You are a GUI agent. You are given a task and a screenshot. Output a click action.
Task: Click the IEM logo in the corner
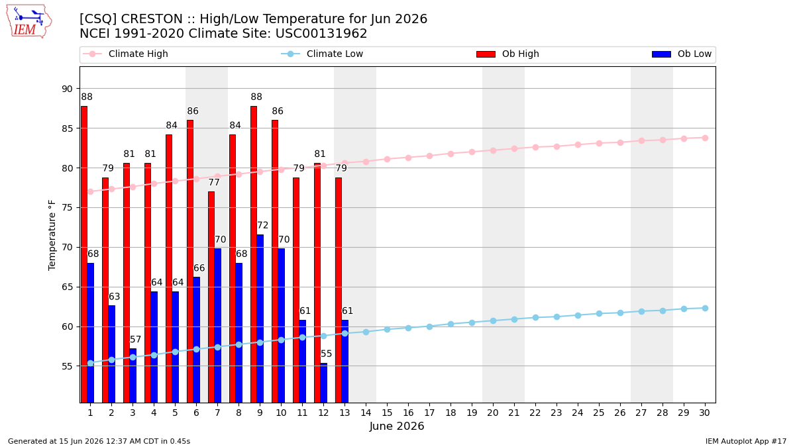pyautogui.click(x=29, y=21)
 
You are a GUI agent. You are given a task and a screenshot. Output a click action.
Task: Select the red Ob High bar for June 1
pyautogui.click(x=84, y=254)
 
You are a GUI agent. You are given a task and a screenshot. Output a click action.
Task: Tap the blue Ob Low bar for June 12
pyautogui.click(x=324, y=383)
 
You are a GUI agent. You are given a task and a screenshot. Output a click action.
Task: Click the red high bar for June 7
pyautogui.click(x=211, y=297)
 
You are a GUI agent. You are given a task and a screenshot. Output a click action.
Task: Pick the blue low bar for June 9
pyautogui.click(x=260, y=319)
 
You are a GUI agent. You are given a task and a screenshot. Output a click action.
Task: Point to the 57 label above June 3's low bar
pyautogui.click(x=136, y=340)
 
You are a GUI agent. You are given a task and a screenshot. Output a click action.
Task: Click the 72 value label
pyautogui.click(x=262, y=225)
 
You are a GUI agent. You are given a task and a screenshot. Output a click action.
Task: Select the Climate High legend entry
pyautogui.click(x=125, y=54)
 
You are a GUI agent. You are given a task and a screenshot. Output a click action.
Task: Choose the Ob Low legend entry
pyautogui.click(x=682, y=54)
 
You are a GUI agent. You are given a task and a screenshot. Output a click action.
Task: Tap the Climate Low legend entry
pyautogui.click(x=322, y=54)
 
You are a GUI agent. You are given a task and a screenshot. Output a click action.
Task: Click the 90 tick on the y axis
pyautogui.click(x=67, y=89)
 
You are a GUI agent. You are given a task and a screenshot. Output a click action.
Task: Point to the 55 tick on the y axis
pyautogui.click(x=67, y=366)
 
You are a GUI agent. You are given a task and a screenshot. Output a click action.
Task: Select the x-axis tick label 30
pyautogui.click(x=704, y=413)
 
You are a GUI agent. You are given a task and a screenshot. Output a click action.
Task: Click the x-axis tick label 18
pyautogui.click(x=450, y=413)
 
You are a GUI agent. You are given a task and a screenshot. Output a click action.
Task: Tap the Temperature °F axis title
pyautogui.click(x=52, y=235)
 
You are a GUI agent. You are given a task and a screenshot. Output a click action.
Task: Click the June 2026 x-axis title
pyautogui.click(x=397, y=426)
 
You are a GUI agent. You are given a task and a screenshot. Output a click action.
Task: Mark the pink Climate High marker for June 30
pyautogui.click(x=705, y=138)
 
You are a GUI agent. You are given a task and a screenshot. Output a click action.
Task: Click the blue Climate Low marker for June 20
pyautogui.click(x=493, y=321)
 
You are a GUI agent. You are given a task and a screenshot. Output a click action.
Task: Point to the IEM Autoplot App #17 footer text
pyautogui.click(x=746, y=441)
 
